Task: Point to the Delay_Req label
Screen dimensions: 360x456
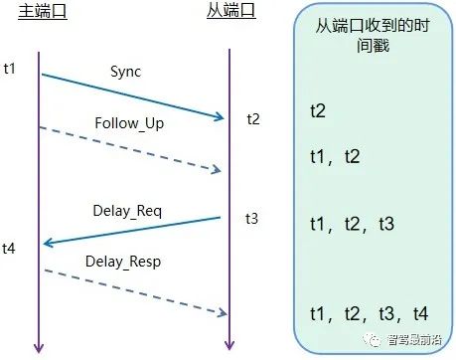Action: tap(127, 210)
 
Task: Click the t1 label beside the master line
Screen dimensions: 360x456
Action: tap(11, 70)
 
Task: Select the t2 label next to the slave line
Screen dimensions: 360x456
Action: tap(254, 119)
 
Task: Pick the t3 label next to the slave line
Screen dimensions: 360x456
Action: tap(254, 218)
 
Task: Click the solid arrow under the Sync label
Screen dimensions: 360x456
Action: tap(132, 95)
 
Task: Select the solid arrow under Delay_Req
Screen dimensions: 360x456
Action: tap(131, 230)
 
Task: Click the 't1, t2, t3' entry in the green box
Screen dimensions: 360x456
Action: tap(352, 225)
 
